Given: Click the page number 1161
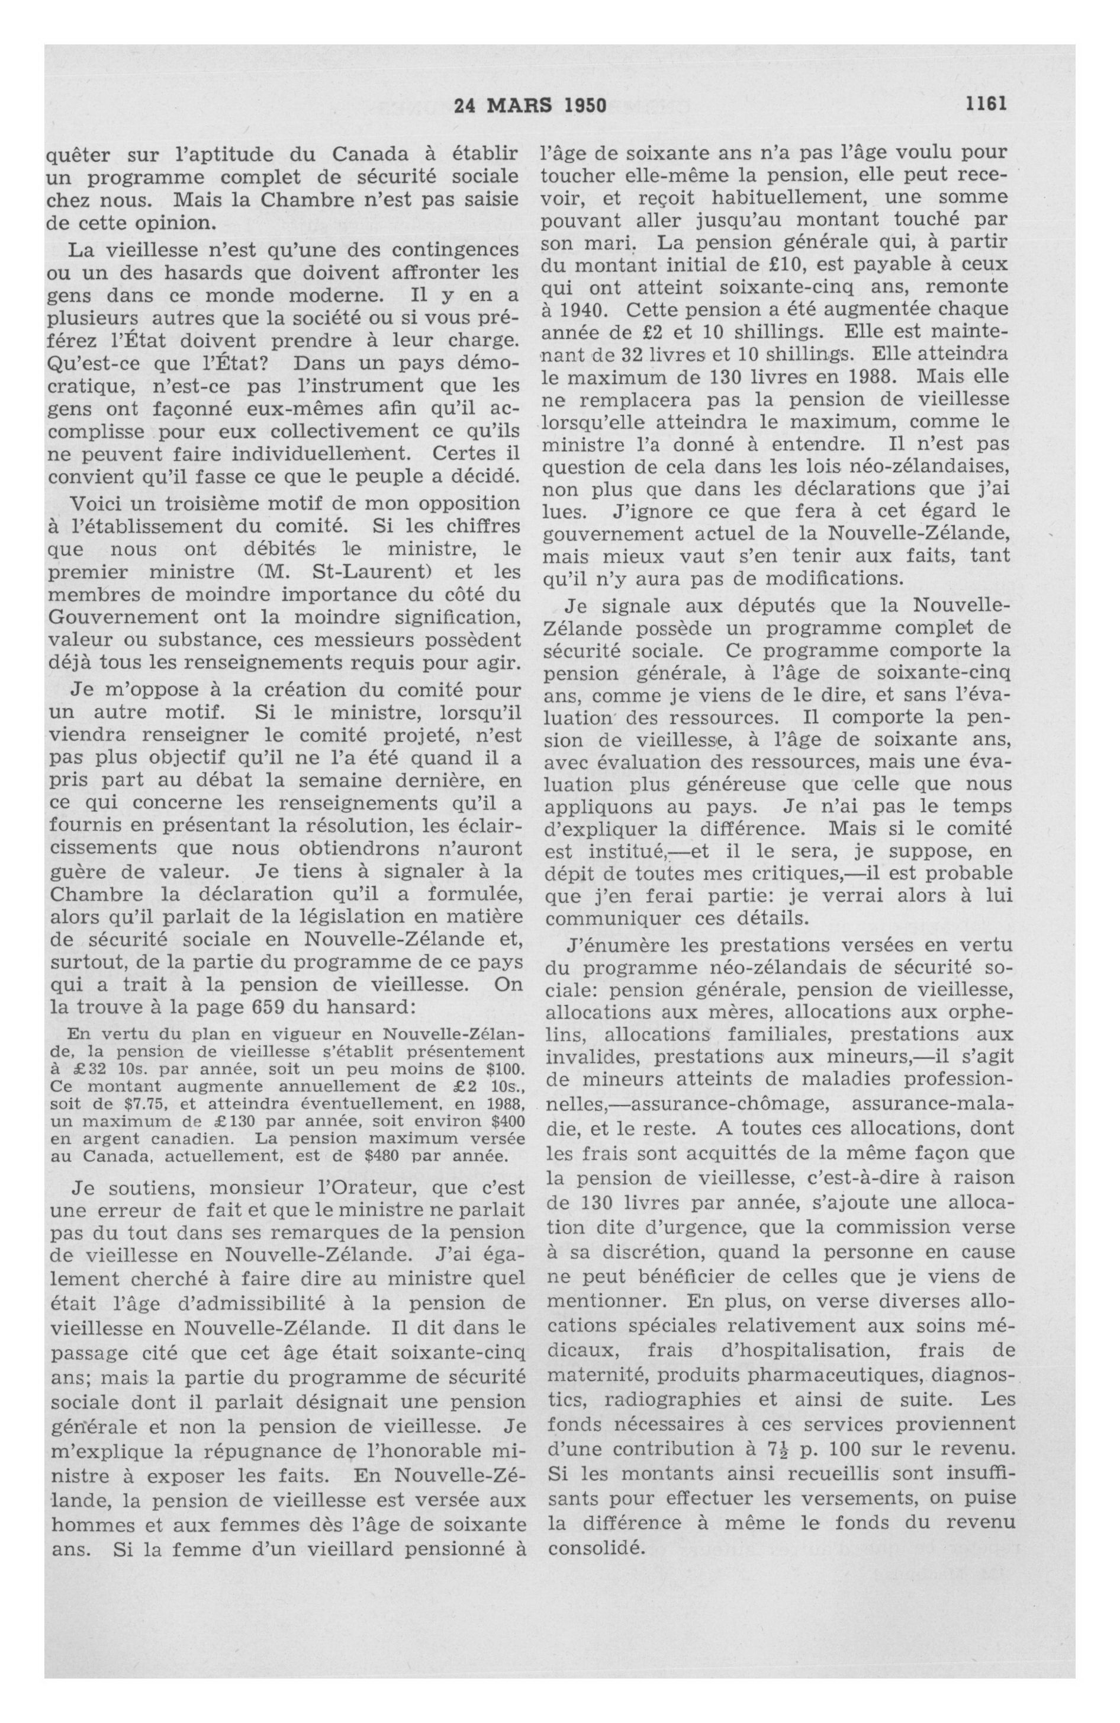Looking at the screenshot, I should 986,104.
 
